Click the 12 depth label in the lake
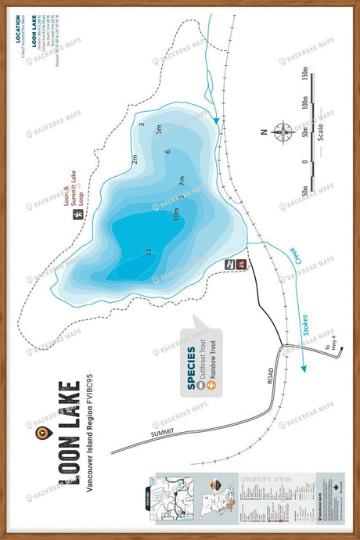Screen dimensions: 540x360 click(148, 251)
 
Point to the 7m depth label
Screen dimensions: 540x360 click(182, 179)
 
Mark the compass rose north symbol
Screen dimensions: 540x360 click(283, 134)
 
